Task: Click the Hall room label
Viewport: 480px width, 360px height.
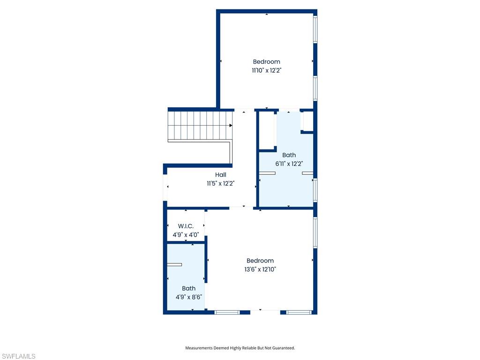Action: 220,175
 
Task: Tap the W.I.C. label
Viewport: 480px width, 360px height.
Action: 186,226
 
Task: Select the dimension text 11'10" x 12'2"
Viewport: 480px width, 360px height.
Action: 266,70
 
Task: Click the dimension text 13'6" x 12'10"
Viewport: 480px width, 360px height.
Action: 260,270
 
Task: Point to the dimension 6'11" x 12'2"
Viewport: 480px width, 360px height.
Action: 289,164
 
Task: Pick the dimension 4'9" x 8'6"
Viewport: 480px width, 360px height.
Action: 188,297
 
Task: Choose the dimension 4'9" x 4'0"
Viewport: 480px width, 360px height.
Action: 186,235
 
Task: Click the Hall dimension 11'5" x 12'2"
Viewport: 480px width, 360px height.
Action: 220,184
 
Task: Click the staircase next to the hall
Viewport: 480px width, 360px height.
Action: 200,125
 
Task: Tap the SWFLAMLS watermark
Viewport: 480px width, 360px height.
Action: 18,357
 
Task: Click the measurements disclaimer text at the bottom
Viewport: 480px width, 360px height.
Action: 240,348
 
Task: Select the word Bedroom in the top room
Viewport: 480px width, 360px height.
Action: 266,61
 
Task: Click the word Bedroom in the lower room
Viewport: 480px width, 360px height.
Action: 260,261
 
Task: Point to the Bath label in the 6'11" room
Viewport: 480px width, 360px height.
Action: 289,155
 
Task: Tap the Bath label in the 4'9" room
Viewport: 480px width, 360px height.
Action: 188,288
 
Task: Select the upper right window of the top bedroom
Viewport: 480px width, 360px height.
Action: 315,29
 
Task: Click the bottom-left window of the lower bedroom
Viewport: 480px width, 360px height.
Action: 227,312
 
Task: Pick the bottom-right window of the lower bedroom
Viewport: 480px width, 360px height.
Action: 299,312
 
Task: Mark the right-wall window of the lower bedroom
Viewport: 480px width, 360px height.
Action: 315,232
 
